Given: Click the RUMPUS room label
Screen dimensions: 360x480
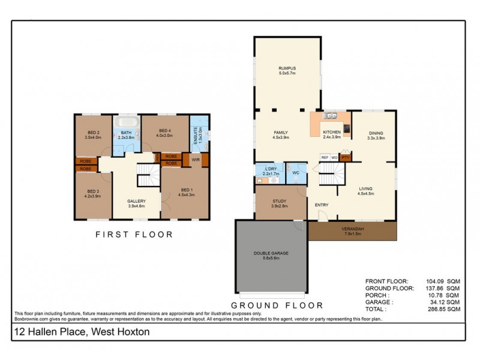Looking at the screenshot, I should [287, 68].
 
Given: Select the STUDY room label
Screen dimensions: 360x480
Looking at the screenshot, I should [279, 202].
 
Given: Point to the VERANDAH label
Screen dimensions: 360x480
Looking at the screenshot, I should [352, 229].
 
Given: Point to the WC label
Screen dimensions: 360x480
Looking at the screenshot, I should [295, 173].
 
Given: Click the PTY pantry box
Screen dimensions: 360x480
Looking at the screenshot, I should [345, 157].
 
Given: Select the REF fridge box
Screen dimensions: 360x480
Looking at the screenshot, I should [325, 157].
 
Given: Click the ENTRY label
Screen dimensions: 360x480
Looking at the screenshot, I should [322, 205].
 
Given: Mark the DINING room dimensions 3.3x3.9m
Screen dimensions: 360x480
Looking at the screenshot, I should [376, 138].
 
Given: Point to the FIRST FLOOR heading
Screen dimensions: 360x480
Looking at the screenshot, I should [134, 235].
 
